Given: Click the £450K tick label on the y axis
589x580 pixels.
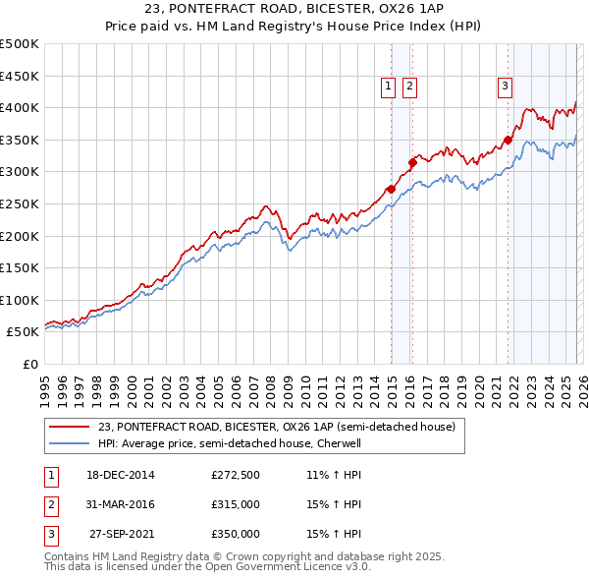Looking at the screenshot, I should [x=20, y=76].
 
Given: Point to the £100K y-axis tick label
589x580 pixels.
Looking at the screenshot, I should [x=20, y=300].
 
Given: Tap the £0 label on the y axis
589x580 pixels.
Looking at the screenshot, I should [x=29, y=364].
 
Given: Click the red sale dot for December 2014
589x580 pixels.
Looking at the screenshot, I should [x=391, y=189].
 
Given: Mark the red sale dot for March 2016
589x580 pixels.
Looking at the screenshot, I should [x=412, y=162].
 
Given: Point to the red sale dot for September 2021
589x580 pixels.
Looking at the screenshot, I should [x=509, y=140].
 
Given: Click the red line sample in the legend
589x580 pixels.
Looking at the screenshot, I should [x=69, y=428].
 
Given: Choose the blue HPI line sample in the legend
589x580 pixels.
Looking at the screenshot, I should [x=69, y=443].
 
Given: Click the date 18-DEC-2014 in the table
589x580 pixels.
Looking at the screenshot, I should [x=121, y=476].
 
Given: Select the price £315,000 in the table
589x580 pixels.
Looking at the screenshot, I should [x=235, y=504].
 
